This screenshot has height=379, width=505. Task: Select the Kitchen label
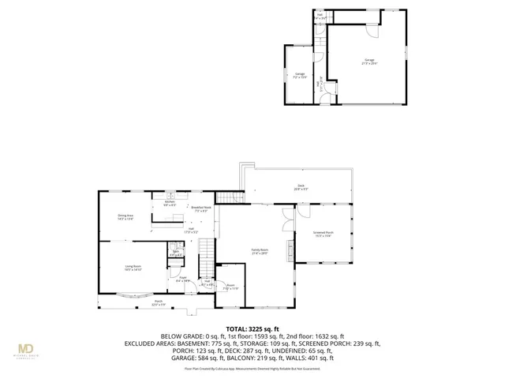click(x=170, y=203)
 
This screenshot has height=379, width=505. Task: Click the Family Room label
click(x=260, y=252)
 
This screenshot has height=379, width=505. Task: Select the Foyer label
click(x=182, y=279)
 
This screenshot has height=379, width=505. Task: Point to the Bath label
click(x=175, y=253)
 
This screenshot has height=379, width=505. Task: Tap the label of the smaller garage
click(x=300, y=76)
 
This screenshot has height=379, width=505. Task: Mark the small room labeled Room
click(x=231, y=287)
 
